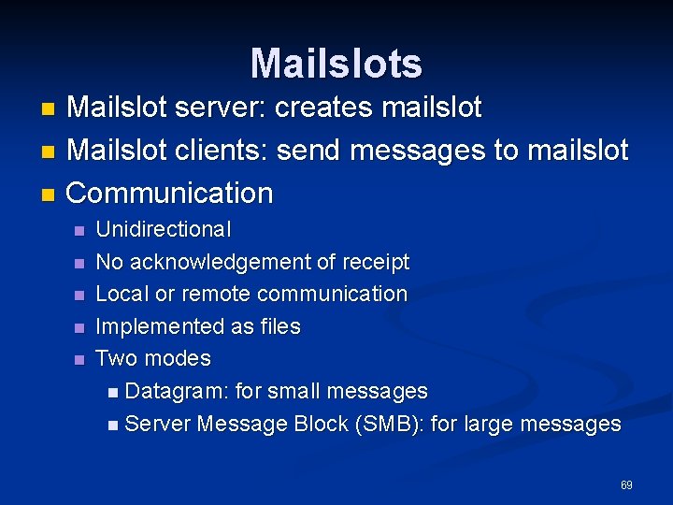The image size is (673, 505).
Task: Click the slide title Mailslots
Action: (336, 64)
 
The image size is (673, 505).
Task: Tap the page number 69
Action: (626, 485)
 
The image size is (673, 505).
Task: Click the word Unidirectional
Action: (164, 229)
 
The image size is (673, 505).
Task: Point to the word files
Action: (279, 326)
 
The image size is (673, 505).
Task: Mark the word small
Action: (294, 391)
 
